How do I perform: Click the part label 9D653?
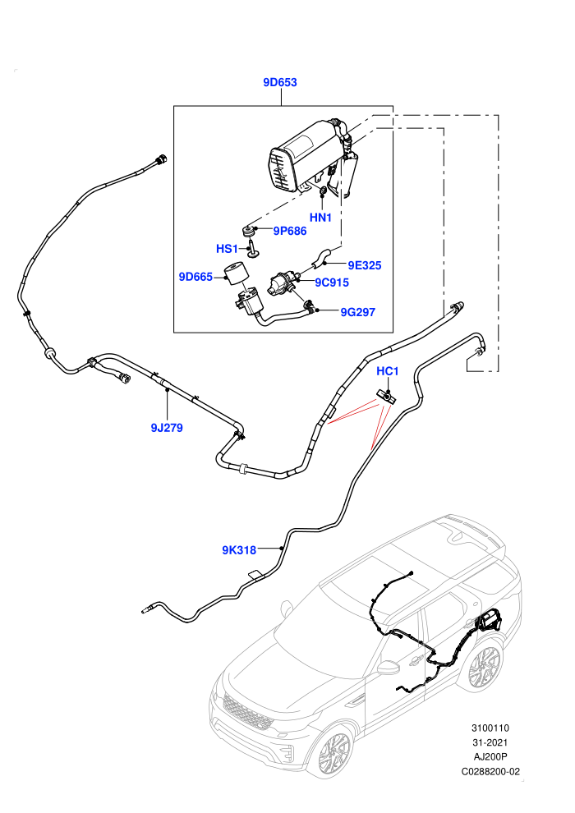pyautogui.click(x=280, y=82)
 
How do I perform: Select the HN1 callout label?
pyautogui.click(x=320, y=218)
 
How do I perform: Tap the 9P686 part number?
pyautogui.click(x=290, y=232)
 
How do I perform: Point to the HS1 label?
pyautogui.click(x=227, y=249)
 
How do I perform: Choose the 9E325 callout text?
pyautogui.click(x=365, y=265)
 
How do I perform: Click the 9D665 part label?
pyautogui.click(x=195, y=277)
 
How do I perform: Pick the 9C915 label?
pyautogui.click(x=332, y=282)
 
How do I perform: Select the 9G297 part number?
pyautogui.click(x=358, y=312)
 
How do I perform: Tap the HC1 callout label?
pyautogui.click(x=388, y=371)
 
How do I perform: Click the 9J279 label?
pyautogui.click(x=167, y=428)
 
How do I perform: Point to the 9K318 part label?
pyautogui.click(x=239, y=550)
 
